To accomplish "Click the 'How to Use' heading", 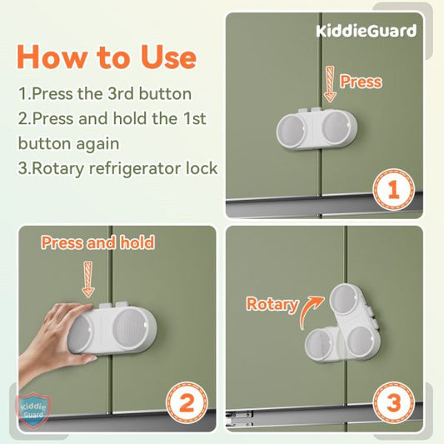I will pyautogui.click(x=107, y=57).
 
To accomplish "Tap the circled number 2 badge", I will pyautogui.click(x=187, y=406).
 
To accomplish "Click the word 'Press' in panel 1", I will pyautogui.click(x=361, y=82).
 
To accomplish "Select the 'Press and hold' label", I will pyautogui.click(x=97, y=242).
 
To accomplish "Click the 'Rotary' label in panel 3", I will pyautogui.click(x=272, y=304).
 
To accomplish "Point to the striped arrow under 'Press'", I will pyautogui.click(x=328, y=86).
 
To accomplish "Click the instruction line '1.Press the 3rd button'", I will pyautogui.click(x=104, y=93).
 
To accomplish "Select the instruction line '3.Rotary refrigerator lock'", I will pyautogui.click(x=117, y=167).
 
